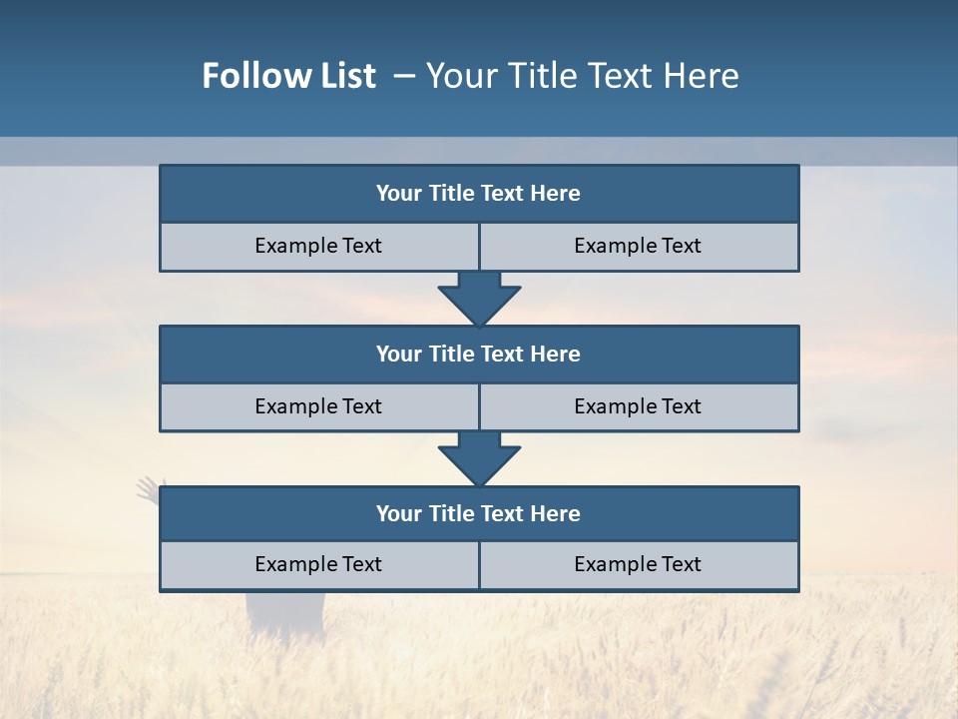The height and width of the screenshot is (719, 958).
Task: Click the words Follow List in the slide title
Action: click(289, 76)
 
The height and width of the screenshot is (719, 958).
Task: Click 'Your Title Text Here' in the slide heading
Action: click(583, 76)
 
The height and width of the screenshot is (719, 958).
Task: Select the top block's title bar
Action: click(479, 194)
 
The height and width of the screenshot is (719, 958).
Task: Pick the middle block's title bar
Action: click(479, 355)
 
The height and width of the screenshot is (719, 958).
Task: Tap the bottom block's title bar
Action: click(479, 514)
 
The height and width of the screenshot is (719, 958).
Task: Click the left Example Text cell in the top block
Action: click(318, 247)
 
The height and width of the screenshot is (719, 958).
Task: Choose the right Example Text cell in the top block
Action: click(638, 247)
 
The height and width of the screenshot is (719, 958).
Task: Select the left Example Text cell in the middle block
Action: click(318, 407)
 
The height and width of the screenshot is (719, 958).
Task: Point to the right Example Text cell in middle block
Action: click(638, 407)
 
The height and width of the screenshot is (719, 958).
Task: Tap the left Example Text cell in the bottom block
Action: click(318, 565)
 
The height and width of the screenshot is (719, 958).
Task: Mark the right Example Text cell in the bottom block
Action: click(638, 565)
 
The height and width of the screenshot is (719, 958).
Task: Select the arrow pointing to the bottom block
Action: click(479, 458)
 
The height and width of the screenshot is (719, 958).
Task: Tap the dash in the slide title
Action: click(405, 76)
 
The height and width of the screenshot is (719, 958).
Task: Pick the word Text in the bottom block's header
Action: click(502, 514)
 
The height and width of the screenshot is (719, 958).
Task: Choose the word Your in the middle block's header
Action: click(398, 355)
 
